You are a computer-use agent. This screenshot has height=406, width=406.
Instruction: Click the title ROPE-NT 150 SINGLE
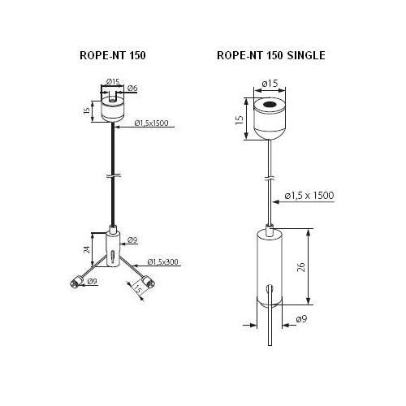271,55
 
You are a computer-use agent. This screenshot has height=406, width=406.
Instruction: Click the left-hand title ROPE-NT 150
113,55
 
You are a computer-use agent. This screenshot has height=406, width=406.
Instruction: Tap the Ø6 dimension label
132,88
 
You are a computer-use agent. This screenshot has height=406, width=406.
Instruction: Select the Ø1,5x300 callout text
162,261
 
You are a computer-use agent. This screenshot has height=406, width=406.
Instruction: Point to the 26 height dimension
301,267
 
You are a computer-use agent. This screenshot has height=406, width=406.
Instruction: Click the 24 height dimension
87,249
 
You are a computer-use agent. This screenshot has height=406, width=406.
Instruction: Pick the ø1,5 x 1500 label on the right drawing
309,195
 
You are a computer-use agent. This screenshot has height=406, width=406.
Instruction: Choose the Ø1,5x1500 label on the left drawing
151,123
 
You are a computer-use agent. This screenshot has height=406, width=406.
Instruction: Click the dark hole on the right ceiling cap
269,104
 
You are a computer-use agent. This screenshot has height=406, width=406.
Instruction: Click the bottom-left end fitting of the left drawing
76,282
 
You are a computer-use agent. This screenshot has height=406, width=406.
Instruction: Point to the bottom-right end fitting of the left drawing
149,282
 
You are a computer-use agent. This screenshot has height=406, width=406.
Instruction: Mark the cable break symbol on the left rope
113,176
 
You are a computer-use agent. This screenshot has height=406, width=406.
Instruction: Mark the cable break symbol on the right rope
270,179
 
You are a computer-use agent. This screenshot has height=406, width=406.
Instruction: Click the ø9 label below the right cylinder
301,319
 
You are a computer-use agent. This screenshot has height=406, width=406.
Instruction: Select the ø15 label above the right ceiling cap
270,84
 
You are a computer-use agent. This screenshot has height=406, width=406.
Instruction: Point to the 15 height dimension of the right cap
240,119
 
